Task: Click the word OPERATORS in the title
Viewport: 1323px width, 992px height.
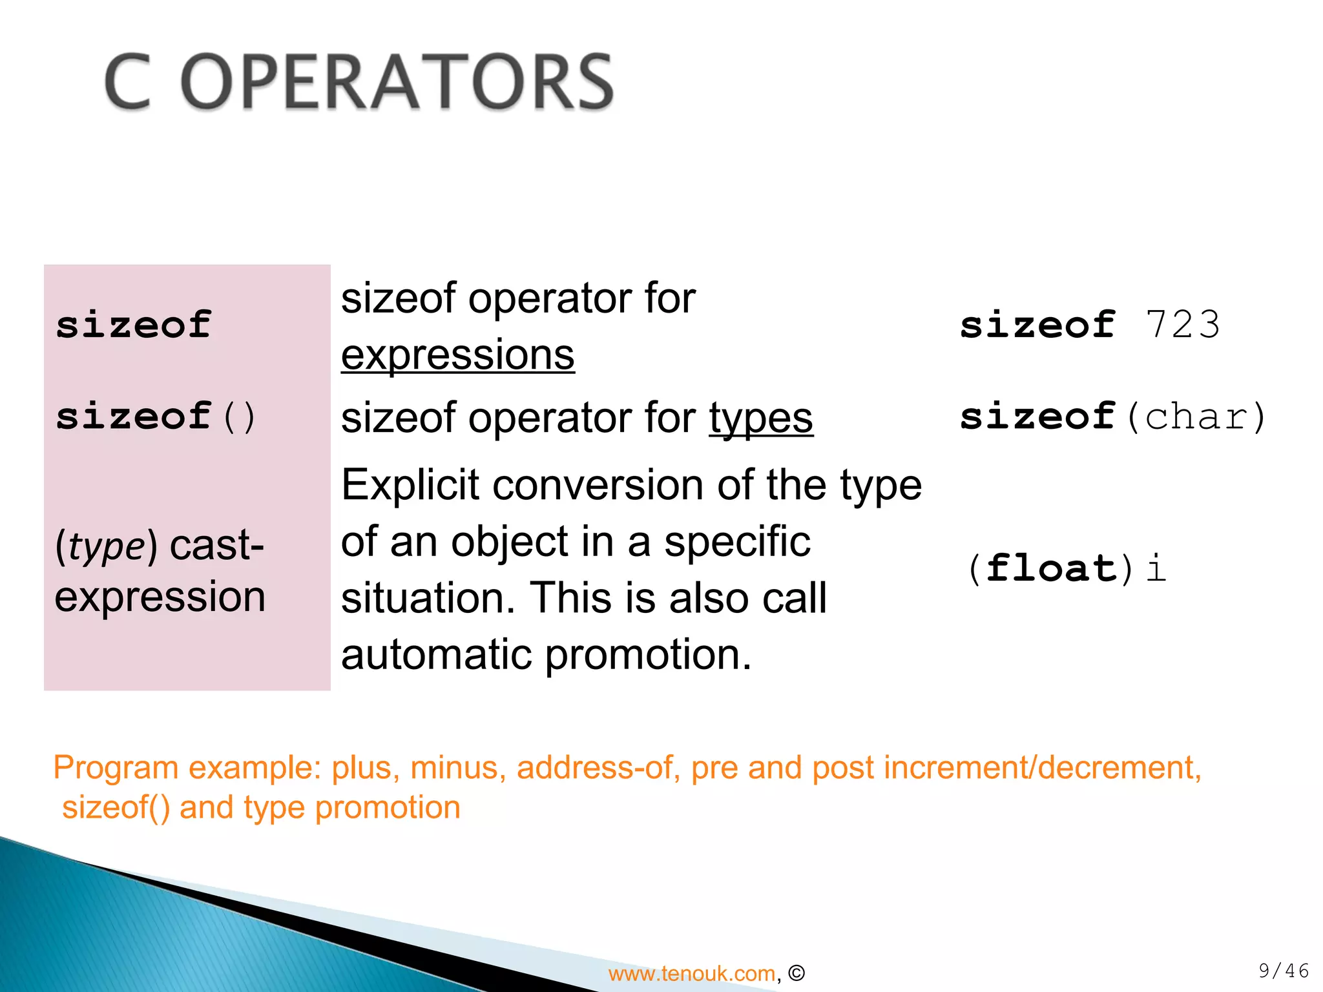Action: [397, 83]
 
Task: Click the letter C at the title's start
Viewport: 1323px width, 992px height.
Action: [128, 83]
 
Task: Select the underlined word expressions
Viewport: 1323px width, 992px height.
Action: [457, 355]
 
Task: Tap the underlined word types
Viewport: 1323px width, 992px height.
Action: [761, 418]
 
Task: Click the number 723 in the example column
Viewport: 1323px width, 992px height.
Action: [1182, 325]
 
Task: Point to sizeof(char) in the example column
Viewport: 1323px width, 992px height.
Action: [1112, 417]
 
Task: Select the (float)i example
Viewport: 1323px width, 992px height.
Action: [1066, 568]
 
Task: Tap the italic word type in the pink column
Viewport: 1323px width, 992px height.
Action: [107, 546]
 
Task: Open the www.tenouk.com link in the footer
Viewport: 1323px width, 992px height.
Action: [691, 973]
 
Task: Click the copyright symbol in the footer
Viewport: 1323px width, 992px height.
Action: [797, 973]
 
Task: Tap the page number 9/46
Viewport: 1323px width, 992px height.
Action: [1283, 971]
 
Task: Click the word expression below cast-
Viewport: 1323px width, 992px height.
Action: [160, 597]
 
